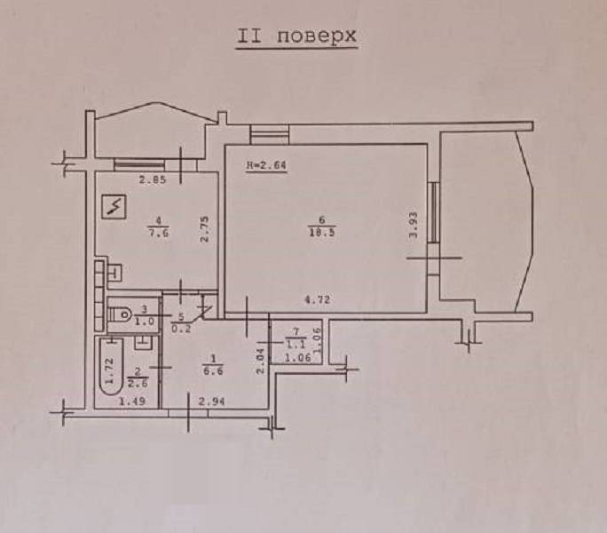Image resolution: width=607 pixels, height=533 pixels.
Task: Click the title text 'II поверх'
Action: [296, 36]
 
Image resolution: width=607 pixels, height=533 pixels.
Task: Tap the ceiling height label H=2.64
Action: [267, 165]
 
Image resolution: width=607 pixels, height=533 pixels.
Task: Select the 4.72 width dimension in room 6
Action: [318, 299]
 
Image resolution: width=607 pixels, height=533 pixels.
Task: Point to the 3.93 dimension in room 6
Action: [414, 225]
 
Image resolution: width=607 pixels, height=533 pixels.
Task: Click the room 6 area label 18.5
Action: [322, 234]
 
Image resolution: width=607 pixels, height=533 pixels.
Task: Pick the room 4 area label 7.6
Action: [159, 234]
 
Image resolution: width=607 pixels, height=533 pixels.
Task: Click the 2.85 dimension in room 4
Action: [153, 179]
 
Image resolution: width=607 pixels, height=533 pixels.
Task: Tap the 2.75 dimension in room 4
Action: [204, 229]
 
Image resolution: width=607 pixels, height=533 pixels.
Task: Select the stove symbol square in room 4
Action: [114, 206]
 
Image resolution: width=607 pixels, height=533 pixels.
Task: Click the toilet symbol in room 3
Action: [119, 314]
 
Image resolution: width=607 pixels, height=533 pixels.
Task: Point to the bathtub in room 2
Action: [112, 366]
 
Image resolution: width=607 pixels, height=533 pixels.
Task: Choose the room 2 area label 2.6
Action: [138, 383]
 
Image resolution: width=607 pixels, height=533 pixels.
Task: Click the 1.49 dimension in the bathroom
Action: [132, 401]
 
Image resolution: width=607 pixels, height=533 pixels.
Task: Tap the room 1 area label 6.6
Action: [213, 371]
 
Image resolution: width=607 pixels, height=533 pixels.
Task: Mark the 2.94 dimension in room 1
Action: [211, 402]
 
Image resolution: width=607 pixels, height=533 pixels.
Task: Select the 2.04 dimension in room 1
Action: [260, 361]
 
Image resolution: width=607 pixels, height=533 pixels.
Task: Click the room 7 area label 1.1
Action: [296, 344]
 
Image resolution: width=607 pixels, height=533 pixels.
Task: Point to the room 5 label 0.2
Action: [181, 330]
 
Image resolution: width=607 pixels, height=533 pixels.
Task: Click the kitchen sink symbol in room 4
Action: [115, 272]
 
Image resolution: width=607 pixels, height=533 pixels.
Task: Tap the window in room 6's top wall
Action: [270, 134]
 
